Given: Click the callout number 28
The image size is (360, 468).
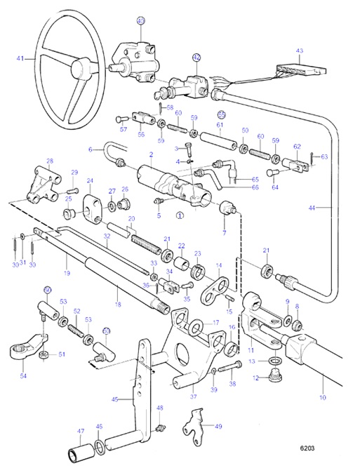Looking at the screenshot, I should point(50,161).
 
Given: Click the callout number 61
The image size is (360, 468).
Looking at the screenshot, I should point(220,126).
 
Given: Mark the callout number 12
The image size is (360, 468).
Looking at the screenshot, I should point(255,378).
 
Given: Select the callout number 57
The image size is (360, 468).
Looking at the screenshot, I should point(124,130).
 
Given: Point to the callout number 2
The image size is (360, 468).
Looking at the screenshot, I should point(150,154).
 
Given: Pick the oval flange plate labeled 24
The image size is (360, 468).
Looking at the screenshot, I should point(92,207).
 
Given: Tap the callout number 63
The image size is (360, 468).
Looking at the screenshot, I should point(324,157).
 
